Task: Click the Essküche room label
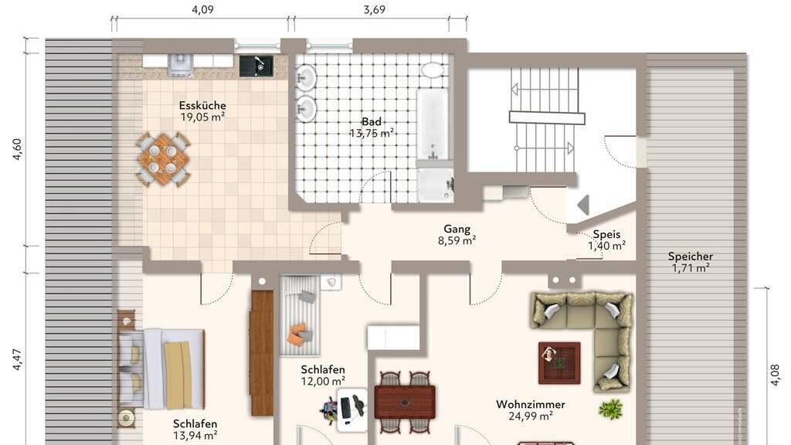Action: pyautogui.click(x=202, y=105)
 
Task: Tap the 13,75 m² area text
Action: pyautogui.click(x=372, y=133)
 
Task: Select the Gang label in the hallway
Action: pyautogui.click(x=457, y=229)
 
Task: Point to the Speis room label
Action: pyautogui.click(x=606, y=234)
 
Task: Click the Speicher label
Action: pyautogui.click(x=690, y=256)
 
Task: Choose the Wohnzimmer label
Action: pyautogui.click(x=530, y=404)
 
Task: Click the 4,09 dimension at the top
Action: pyautogui.click(x=202, y=9)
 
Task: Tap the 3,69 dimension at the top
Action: pyautogui.click(x=375, y=9)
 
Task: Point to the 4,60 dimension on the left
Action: pyautogui.click(x=17, y=149)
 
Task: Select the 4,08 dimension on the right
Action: pyautogui.click(x=776, y=375)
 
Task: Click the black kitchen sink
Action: pyautogui.click(x=256, y=66)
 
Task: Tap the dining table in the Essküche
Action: pyautogui.click(x=163, y=159)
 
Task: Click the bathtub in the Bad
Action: pyautogui.click(x=433, y=124)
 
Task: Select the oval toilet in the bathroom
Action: pyautogui.click(x=433, y=70)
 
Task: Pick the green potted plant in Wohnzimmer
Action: pyautogui.click(x=610, y=409)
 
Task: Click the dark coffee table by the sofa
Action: pyautogui.click(x=559, y=363)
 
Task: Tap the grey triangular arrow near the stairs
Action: pyautogui.click(x=583, y=205)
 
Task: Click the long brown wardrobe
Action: pyautogui.click(x=262, y=353)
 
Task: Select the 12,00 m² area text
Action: pyautogui.click(x=323, y=382)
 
